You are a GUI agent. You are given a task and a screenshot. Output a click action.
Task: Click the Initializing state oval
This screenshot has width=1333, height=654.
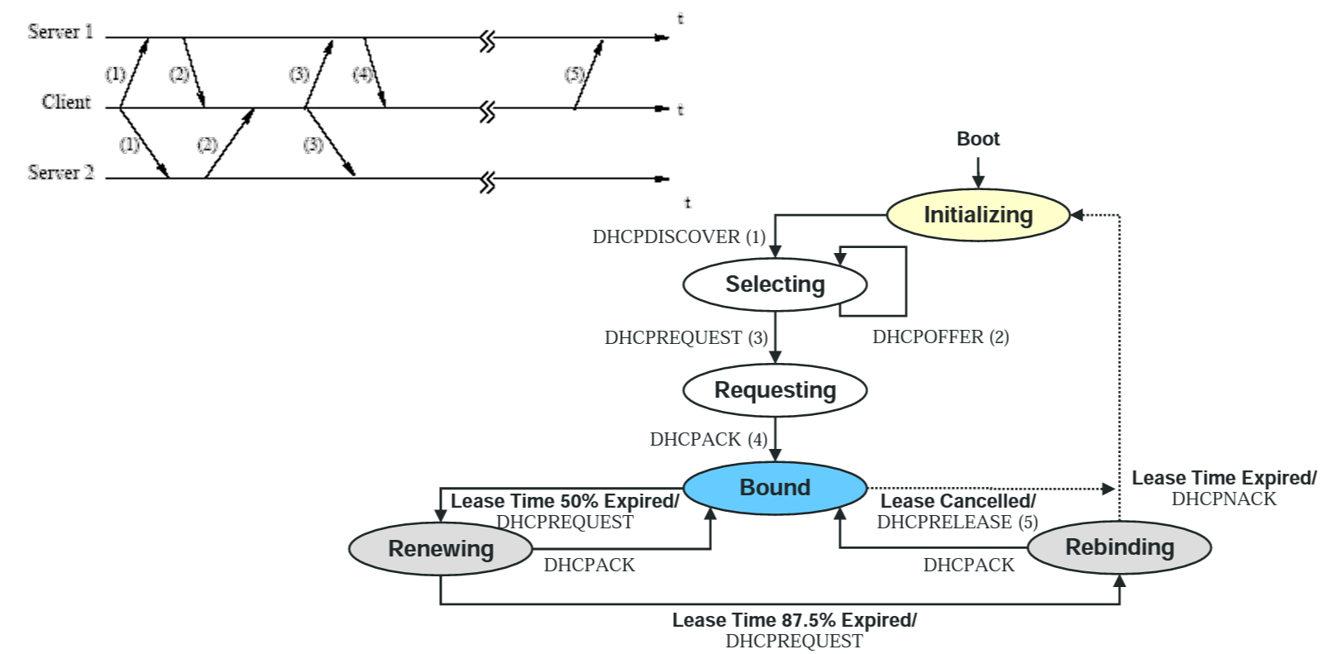click(x=977, y=215)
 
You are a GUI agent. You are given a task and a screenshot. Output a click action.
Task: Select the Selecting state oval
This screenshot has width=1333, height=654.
click(x=775, y=284)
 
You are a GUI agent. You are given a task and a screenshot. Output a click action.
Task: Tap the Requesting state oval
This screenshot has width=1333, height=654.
click(x=775, y=389)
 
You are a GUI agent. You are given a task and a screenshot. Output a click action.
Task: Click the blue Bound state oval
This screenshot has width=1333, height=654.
click(x=775, y=488)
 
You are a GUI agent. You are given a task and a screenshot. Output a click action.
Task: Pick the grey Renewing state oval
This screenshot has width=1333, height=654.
click(x=441, y=549)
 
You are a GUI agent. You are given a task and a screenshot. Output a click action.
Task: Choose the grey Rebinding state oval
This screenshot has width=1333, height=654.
click(x=1119, y=547)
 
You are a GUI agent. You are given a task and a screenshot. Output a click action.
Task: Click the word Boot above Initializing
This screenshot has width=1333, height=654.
click(x=977, y=139)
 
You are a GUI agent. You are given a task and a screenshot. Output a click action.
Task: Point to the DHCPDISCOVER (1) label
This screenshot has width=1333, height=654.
click(x=678, y=237)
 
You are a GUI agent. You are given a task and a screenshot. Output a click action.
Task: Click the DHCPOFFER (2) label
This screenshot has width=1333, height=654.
click(x=940, y=337)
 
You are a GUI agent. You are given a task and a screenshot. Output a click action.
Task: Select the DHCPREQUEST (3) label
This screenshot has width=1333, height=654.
click(x=686, y=338)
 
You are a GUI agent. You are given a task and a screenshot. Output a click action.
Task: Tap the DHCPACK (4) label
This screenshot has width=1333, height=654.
click(x=708, y=440)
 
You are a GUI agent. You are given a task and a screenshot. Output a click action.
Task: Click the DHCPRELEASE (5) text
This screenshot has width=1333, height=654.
click(x=957, y=523)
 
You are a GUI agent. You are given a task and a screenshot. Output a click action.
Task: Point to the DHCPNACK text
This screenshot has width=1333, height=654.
click(x=1223, y=499)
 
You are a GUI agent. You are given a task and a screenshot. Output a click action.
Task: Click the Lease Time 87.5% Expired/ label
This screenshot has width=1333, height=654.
click(x=794, y=620)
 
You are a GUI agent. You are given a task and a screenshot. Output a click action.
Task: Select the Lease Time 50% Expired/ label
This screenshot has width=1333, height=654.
click(x=564, y=502)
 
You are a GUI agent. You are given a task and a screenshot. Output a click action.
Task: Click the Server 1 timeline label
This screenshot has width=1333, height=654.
click(x=60, y=32)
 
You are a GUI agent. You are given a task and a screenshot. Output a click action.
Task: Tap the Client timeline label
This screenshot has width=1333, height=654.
click(x=66, y=102)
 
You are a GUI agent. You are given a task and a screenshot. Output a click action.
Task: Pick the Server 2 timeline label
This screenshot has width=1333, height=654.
click(x=60, y=173)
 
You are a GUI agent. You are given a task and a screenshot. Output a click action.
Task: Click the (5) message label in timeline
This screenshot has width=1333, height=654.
click(x=574, y=74)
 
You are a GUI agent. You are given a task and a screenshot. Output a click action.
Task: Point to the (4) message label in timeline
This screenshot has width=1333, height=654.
click(x=362, y=74)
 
